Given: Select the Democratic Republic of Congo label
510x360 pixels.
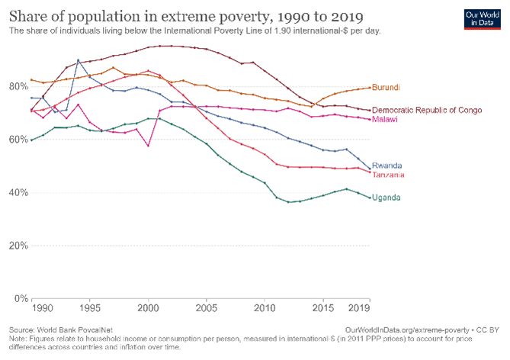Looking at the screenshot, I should tap(427, 111).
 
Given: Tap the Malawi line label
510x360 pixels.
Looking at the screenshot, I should tap(386, 120).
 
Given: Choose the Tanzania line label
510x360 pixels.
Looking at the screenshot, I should tap(389, 175).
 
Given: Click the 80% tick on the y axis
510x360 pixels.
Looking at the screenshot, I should tap(16, 86).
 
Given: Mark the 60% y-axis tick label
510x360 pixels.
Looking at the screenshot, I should tap(16, 139).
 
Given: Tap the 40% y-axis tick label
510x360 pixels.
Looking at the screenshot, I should tap(16, 192).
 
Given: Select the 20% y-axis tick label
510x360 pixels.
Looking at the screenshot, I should tap(16, 246).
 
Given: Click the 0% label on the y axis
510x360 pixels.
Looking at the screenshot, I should tap(18, 298).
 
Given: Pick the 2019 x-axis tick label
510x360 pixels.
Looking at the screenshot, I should tap(359, 308).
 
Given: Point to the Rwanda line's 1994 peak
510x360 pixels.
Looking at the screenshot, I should tap(78, 59).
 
